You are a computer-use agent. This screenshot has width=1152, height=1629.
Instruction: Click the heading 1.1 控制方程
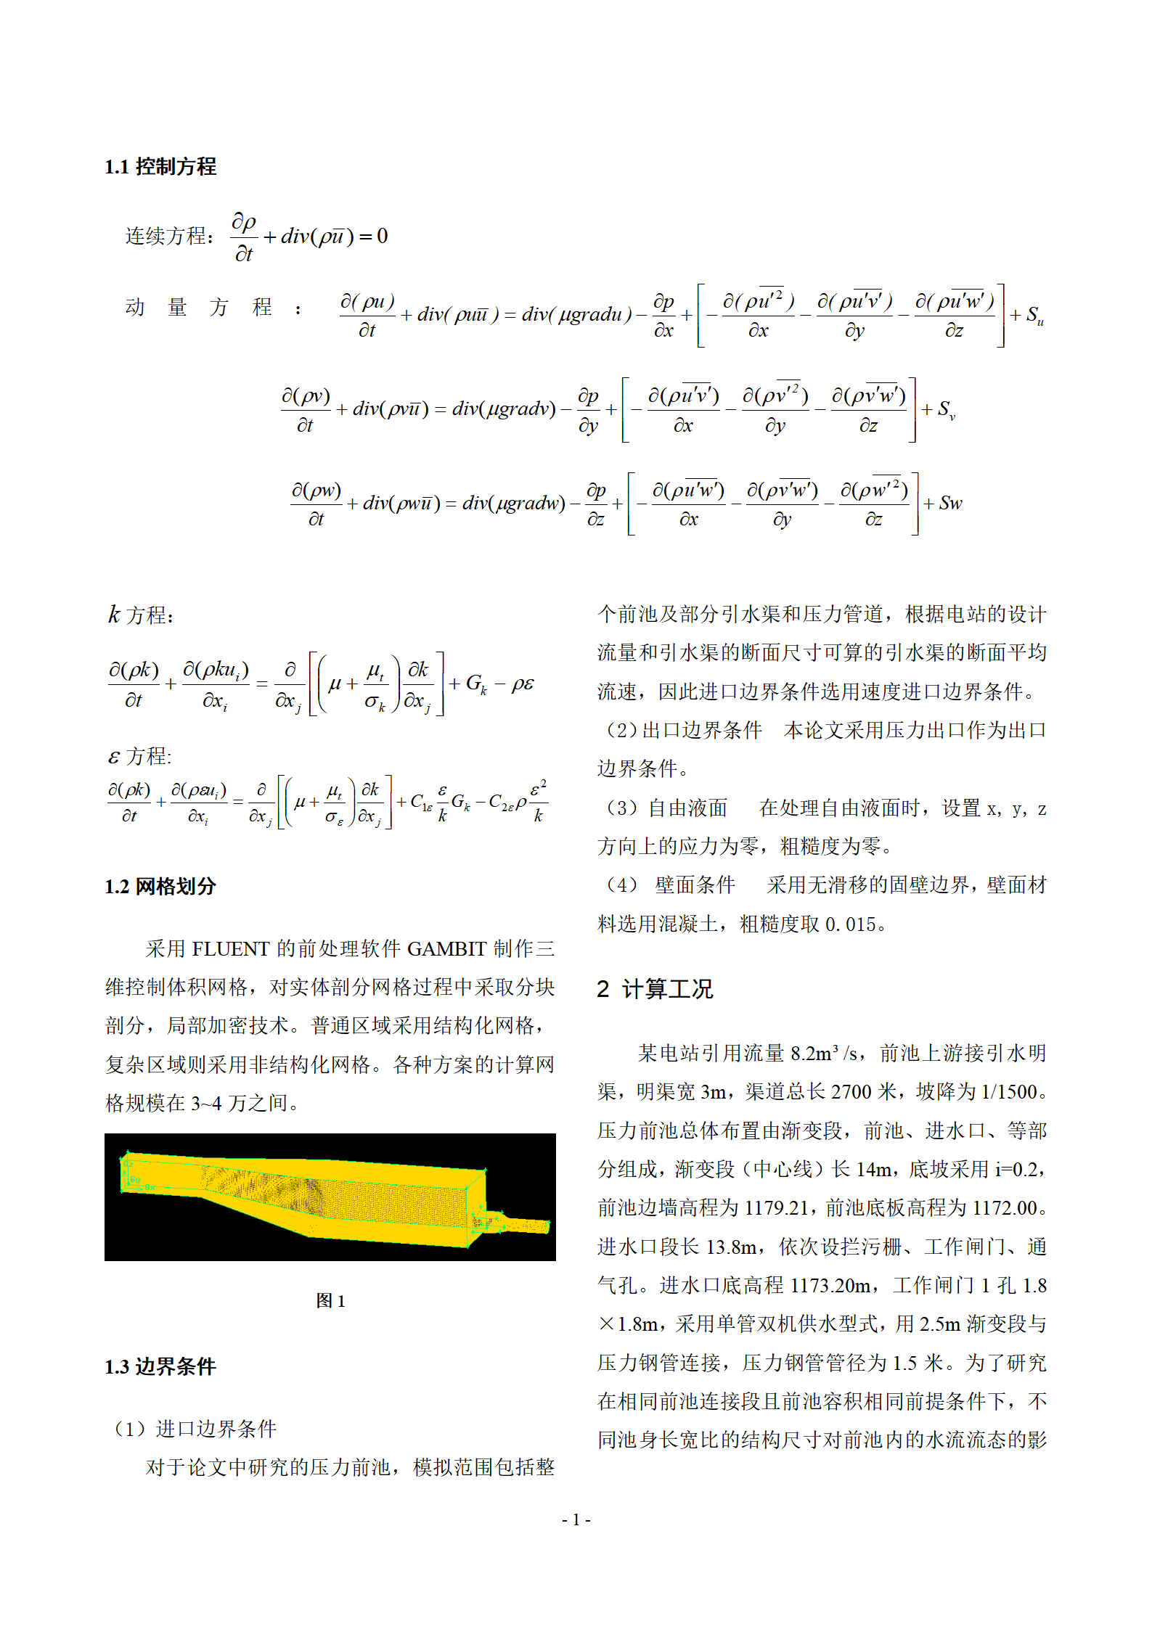click(x=160, y=167)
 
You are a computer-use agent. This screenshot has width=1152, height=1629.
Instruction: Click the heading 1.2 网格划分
click(x=160, y=886)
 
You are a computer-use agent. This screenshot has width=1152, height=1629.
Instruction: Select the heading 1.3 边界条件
click(x=160, y=1366)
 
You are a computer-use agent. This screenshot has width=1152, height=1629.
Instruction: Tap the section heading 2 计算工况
click(x=655, y=989)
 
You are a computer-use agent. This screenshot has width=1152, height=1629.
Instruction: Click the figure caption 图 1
click(x=330, y=1300)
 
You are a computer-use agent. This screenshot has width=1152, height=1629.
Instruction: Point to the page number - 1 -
click(x=576, y=1519)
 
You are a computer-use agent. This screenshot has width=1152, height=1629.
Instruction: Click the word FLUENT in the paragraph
click(x=230, y=948)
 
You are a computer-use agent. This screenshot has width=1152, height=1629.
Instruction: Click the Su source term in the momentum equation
click(x=1034, y=316)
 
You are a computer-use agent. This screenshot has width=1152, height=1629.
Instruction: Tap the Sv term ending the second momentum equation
click(x=946, y=411)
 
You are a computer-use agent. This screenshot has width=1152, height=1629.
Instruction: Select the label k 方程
click(x=141, y=615)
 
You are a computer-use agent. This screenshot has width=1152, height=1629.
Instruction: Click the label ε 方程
click(x=140, y=757)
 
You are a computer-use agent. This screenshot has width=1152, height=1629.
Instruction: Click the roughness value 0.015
click(x=850, y=924)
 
